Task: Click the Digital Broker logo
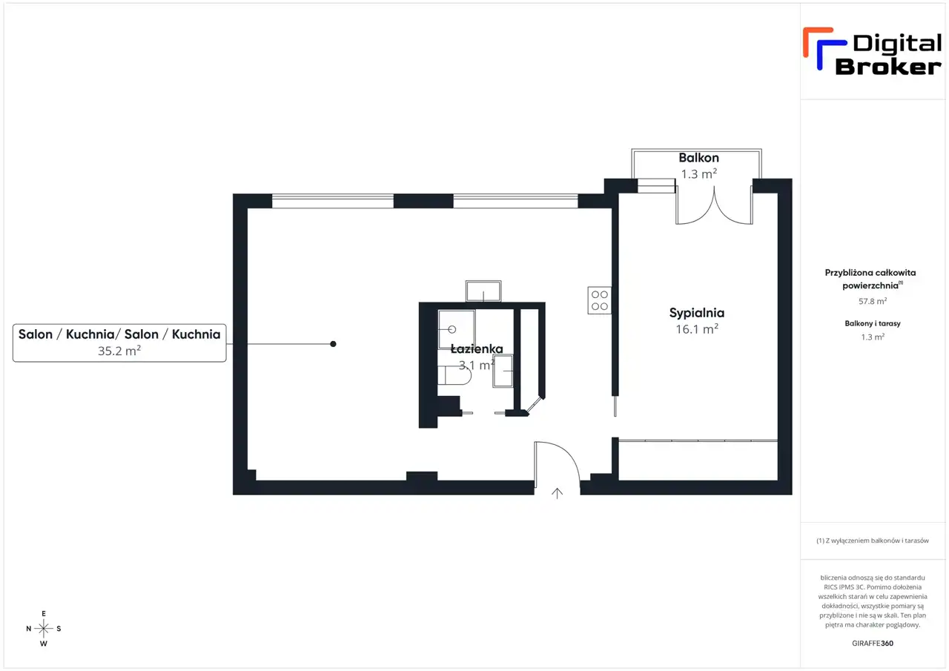click(872, 52)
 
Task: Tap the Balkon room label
click(698, 158)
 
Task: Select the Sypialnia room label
click(696, 313)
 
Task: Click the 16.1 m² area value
click(696, 329)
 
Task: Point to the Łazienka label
click(477, 348)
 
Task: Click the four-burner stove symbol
click(599, 300)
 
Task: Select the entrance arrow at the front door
click(557, 493)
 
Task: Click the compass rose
click(43, 628)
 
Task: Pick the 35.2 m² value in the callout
click(119, 351)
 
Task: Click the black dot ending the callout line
click(333, 344)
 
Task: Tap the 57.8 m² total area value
click(873, 301)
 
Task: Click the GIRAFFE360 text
click(873, 643)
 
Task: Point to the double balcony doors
click(714, 205)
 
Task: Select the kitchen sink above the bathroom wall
click(483, 291)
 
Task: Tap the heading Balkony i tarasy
click(873, 323)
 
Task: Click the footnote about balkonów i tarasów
click(873, 541)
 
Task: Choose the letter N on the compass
click(28, 629)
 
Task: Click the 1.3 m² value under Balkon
click(698, 173)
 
